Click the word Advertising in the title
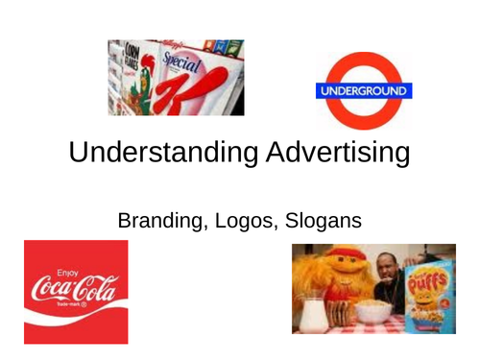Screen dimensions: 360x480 [325, 153]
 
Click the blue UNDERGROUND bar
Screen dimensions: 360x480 [364, 92]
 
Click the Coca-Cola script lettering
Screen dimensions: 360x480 [73, 287]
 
